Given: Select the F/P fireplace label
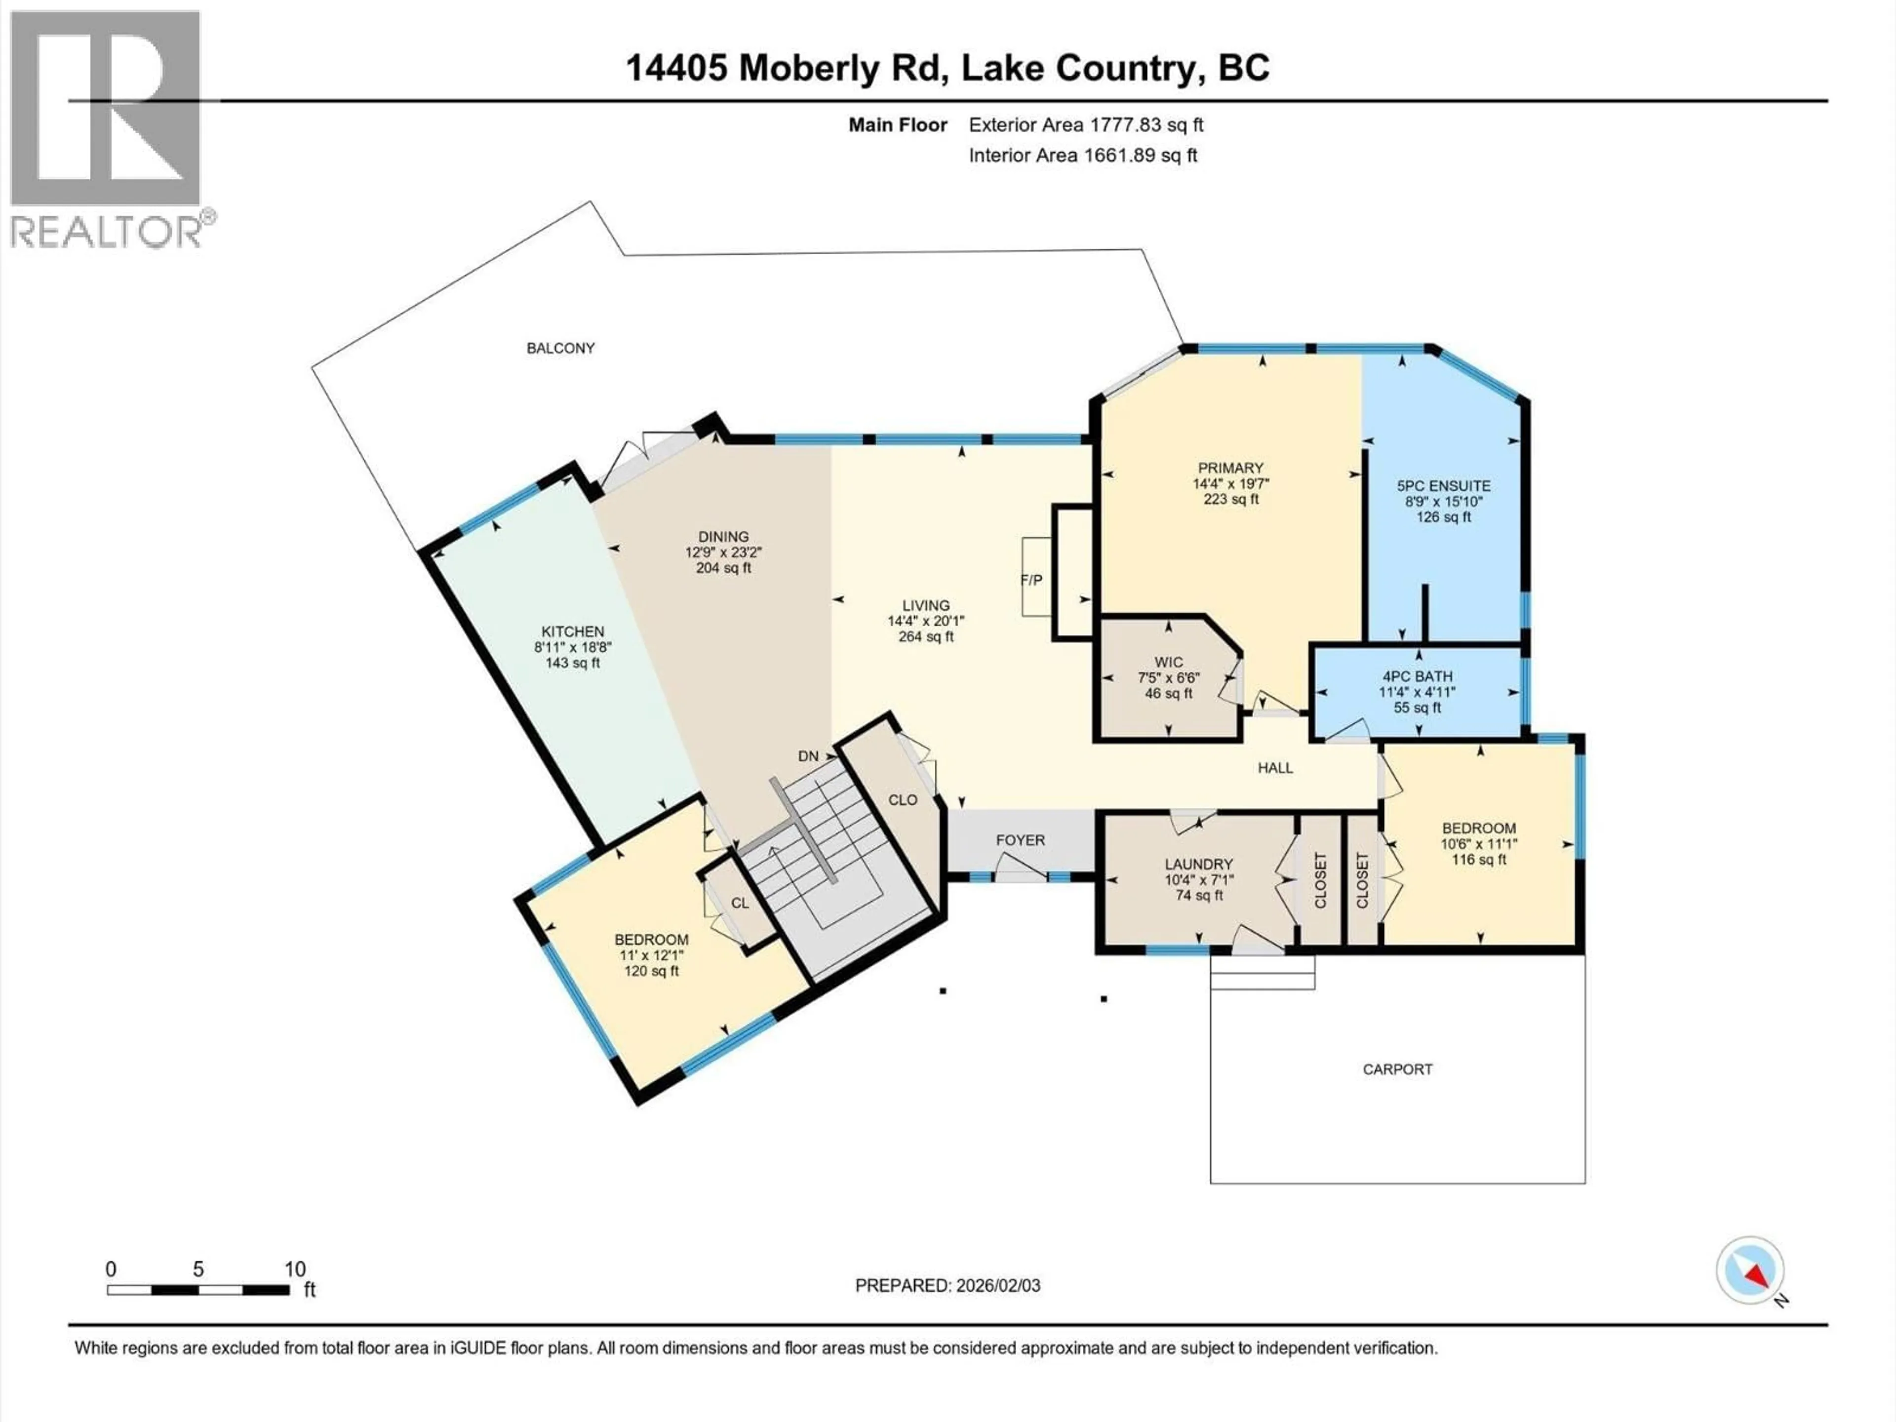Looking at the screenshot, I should (x=1031, y=580).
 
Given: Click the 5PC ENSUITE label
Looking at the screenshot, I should (x=1443, y=486).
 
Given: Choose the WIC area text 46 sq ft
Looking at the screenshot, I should (x=1168, y=693).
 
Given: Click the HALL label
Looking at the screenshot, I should (x=1274, y=768).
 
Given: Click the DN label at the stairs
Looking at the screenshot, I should (x=807, y=756).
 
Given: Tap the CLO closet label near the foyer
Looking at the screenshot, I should (x=903, y=800).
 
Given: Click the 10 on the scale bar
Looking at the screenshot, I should (x=295, y=1269).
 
